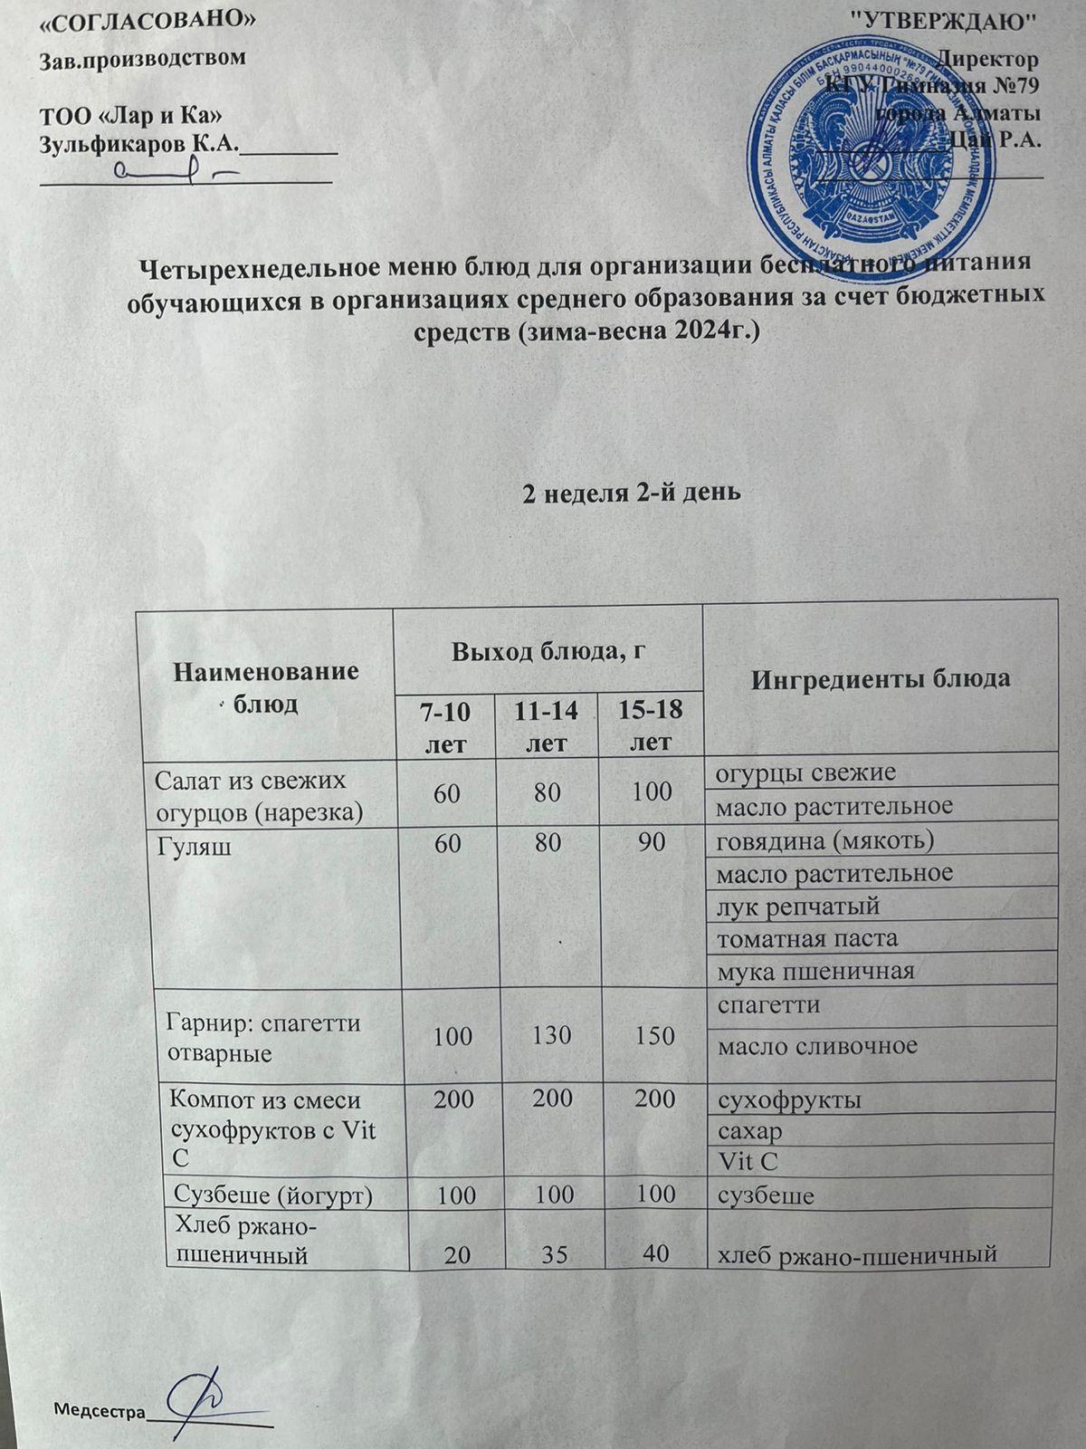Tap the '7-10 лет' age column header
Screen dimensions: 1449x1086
444,727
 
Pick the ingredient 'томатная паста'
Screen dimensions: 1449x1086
807,937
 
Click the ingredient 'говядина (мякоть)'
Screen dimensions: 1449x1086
824,840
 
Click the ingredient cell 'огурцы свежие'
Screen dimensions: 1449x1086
805,772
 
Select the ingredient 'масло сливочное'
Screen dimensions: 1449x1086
817,1046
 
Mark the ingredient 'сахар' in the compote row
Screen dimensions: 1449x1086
749,1131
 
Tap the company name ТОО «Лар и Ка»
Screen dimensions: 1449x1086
131,116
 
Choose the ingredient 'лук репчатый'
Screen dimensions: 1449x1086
798,906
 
